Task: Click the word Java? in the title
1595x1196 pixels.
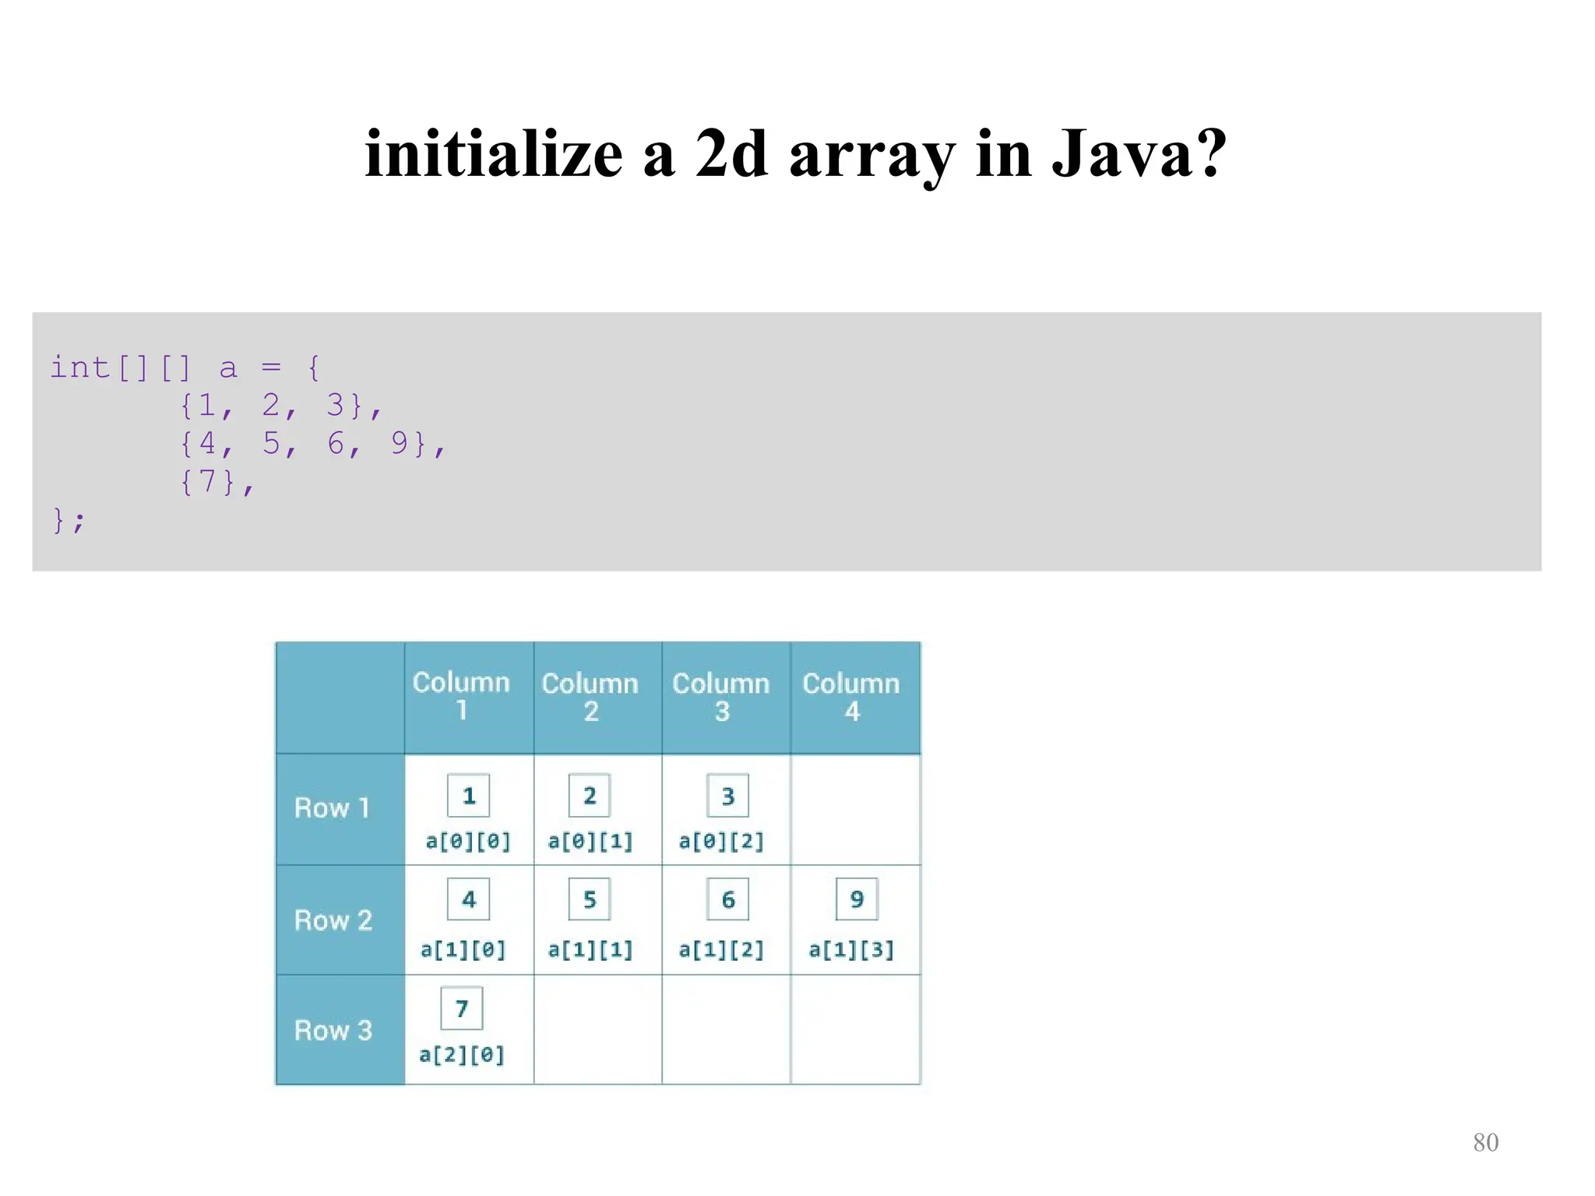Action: point(1139,153)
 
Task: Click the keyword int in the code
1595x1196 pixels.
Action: point(80,367)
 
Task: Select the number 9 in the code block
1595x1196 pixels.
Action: point(400,443)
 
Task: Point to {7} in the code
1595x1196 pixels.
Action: point(208,481)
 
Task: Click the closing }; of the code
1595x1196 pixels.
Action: point(68,519)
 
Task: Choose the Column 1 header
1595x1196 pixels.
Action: point(461,696)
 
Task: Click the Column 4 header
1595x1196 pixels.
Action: point(851,697)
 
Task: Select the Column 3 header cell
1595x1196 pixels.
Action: point(721,697)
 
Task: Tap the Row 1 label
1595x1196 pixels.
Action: point(332,808)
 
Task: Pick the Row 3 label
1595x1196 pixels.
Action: point(333,1030)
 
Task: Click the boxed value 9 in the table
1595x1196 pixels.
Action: point(857,899)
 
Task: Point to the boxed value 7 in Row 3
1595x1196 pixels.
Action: point(462,1008)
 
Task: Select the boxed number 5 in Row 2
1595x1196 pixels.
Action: point(590,899)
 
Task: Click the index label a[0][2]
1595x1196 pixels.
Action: point(721,841)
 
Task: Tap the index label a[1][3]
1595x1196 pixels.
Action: point(851,949)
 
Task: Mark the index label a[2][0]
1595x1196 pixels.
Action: point(462,1055)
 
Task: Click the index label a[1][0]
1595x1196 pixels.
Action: point(463,949)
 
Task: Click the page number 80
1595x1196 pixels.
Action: point(1485,1142)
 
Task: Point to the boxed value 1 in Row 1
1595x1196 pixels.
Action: point(469,796)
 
